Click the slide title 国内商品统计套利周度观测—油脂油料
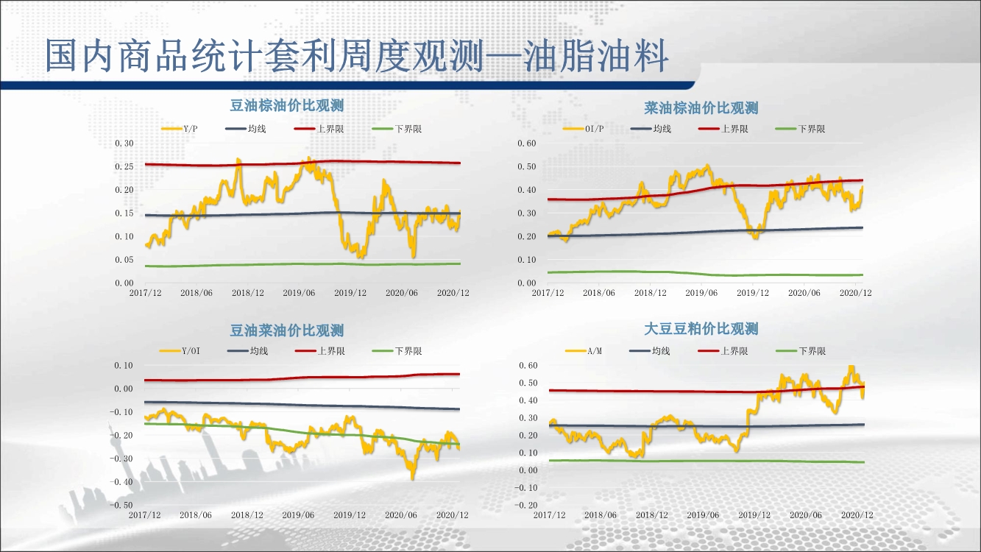click(x=356, y=56)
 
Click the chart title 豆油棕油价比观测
click(x=287, y=106)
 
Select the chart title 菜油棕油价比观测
click(x=701, y=108)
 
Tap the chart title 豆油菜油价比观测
click(x=287, y=330)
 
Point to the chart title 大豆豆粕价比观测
click(x=701, y=329)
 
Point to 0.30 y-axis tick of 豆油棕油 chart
click(x=124, y=143)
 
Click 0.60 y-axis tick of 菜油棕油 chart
click(x=528, y=143)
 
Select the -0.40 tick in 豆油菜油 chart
click(x=122, y=482)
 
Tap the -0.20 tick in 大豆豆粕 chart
click(x=526, y=505)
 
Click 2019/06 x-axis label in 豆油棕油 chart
click(x=299, y=293)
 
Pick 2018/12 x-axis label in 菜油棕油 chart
click(x=651, y=293)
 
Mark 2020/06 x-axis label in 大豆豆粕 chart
click(x=805, y=515)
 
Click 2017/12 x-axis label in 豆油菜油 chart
click(x=144, y=515)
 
